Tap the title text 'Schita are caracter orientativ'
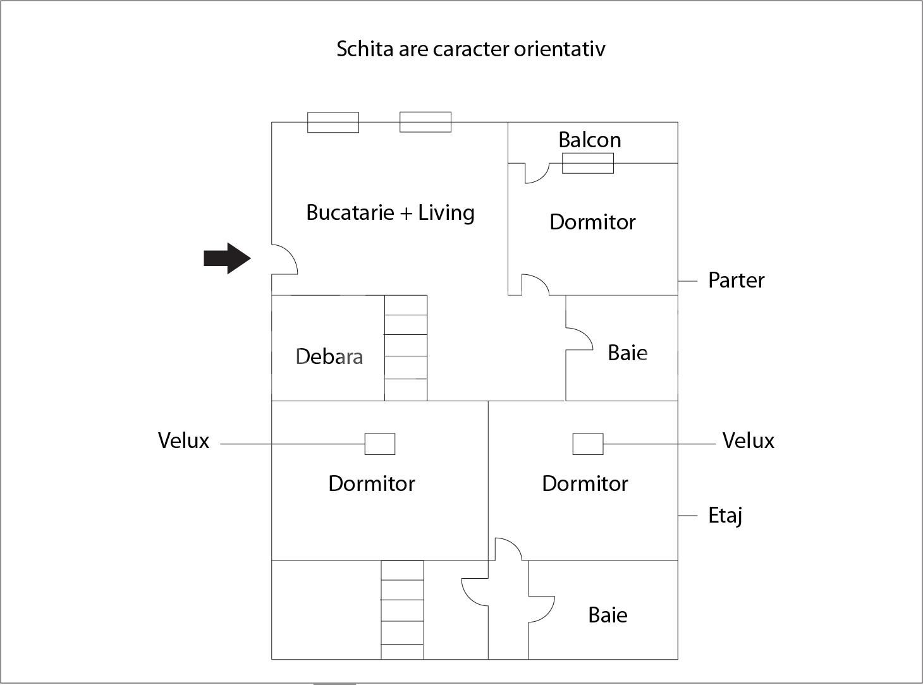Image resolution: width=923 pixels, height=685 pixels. (470, 49)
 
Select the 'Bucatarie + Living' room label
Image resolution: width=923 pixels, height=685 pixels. (390, 212)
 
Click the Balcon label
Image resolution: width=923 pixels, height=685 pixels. (589, 140)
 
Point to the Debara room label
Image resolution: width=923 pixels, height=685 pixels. (329, 356)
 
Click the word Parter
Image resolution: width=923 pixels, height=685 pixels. (736, 280)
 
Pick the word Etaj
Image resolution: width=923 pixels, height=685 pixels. (724, 516)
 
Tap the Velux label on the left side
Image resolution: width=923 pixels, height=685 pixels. (183, 440)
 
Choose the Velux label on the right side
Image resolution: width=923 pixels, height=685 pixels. (748, 440)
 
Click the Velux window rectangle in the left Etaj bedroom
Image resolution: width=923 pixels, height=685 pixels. (380, 444)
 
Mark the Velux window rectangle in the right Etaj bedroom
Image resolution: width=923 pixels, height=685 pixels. (588, 444)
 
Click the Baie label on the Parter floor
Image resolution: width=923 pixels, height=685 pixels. (627, 353)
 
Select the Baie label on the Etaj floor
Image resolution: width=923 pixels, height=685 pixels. (608, 615)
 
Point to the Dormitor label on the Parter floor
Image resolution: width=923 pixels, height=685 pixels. (592, 222)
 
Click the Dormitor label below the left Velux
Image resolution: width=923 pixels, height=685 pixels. (371, 483)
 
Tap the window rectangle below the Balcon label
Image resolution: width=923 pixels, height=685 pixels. (588, 163)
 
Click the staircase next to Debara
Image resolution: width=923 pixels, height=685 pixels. (406, 348)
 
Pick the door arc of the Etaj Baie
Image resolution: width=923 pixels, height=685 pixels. (542, 608)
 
